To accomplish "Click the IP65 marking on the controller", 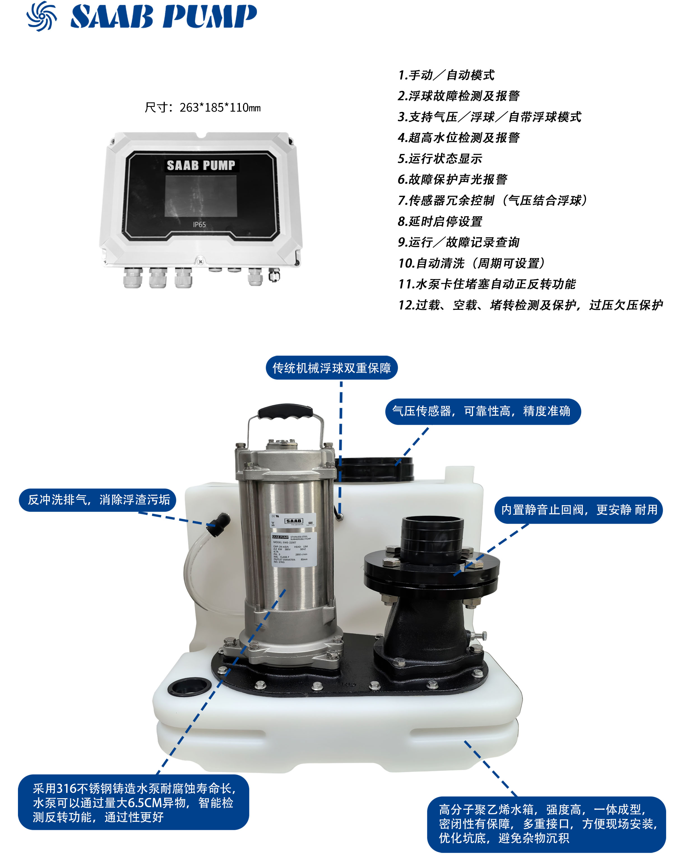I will [x=199, y=224].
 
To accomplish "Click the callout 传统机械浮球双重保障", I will [x=332, y=368].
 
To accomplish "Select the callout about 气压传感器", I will [x=482, y=411].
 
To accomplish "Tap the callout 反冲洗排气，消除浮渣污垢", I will [x=98, y=500].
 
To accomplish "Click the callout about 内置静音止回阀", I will [x=578, y=510].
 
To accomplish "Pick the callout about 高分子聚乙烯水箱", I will [x=546, y=824].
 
